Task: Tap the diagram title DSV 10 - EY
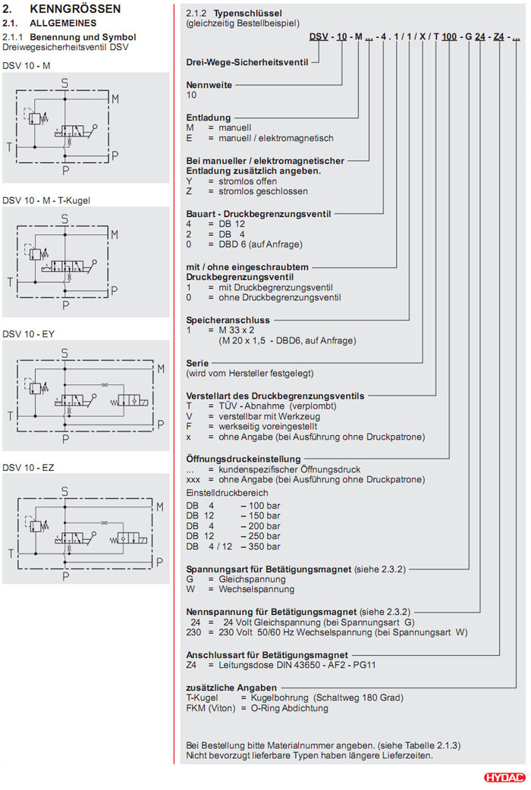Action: point(28,334)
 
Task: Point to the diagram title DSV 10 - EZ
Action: point(28,466)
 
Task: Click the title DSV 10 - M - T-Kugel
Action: point(52,200)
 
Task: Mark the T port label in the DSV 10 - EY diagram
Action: point(10,415)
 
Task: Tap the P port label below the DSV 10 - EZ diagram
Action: point(65,575)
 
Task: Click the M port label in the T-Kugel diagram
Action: point(114,234)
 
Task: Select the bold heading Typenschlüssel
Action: point(240,14)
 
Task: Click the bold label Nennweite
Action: point(209,85)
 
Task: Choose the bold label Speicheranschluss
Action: point(228,321)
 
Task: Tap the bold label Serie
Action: point(197,363)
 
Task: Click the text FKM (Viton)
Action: point(211,708)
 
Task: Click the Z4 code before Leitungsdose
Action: point(192,666)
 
